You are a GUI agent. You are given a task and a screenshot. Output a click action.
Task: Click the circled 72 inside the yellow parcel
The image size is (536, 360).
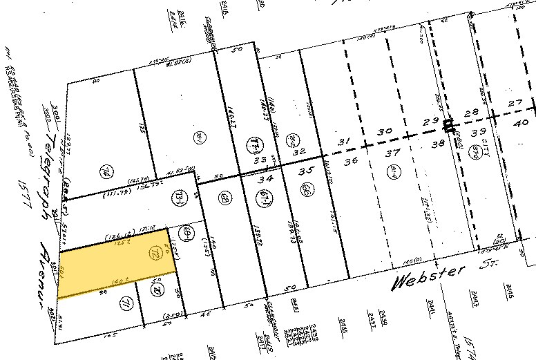click(153, 255)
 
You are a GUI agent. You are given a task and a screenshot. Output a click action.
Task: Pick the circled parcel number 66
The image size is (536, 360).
click(304, 189)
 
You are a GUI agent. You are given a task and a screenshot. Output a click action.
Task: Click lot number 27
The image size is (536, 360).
click(514, 104)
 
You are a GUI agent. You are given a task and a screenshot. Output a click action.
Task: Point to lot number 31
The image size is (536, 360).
click(341, 142)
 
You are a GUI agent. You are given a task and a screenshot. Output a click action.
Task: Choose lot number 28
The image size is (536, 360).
click(472, 112)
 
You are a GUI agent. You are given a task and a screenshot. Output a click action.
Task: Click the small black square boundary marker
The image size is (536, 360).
click(449, 125)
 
